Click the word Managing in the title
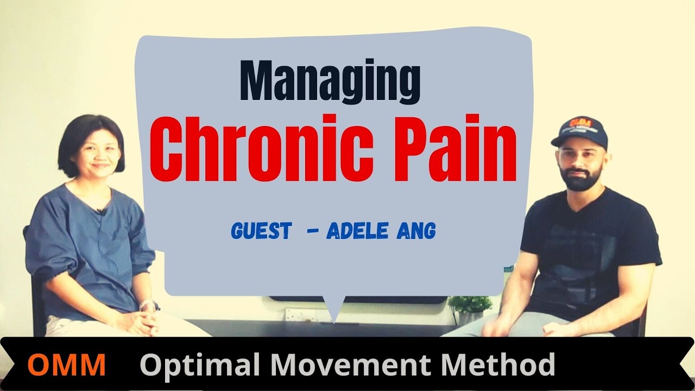pyautogui.click(x=330, y=81)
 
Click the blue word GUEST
pyautogui.click(x=261, y=231)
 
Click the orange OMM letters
pyautogui.click(x=66, y=365)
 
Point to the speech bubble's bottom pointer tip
pyautogui.click(x=333, y=321)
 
